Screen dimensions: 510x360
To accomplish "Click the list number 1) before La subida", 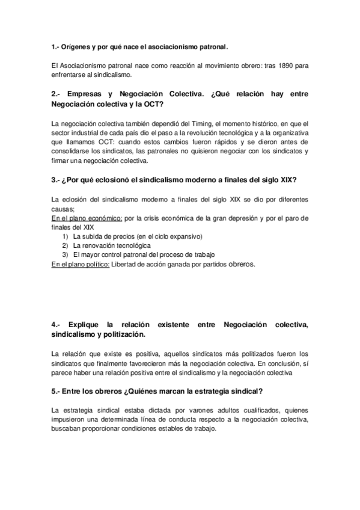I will [66, 236].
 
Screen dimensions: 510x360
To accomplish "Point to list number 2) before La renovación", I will [66, 245].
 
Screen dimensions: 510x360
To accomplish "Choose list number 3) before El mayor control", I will [66, 255].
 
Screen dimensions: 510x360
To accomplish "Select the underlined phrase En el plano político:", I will [81, 264].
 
